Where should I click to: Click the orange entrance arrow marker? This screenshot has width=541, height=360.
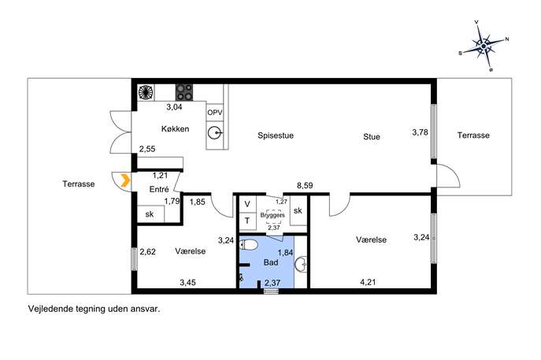click(125, 180)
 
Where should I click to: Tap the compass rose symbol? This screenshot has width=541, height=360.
click(484, 46)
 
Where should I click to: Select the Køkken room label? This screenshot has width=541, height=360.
click(176, 128)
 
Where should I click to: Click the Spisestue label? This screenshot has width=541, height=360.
click(276, 135)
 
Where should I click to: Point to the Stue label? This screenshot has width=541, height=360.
click(372, 137)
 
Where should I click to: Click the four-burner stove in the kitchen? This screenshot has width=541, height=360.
click(184, 92)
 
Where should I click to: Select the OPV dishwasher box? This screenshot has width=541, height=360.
click(215, 113)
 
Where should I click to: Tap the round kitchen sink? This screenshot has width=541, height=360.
click(215, 132)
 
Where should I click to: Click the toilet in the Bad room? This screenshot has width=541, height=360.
click(249, 245)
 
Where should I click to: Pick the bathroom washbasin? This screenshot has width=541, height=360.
click(301, 265)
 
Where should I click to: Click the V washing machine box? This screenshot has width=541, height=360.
click(247, 204)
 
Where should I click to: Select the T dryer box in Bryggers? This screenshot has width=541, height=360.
click(247, 221)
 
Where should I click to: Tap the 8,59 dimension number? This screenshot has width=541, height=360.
click(305, 186)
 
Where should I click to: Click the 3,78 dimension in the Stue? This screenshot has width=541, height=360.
click(420, 132)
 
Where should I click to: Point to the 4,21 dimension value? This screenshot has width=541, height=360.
click(368, 282)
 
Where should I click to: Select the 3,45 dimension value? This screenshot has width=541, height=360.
click(187, 283)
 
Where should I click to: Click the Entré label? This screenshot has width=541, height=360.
click(159, 189)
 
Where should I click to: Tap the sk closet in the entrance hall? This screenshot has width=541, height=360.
click(150, 214)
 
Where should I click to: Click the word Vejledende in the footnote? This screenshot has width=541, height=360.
click(50, 309)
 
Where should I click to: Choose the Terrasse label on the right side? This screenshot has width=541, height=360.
click(473, 135)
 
